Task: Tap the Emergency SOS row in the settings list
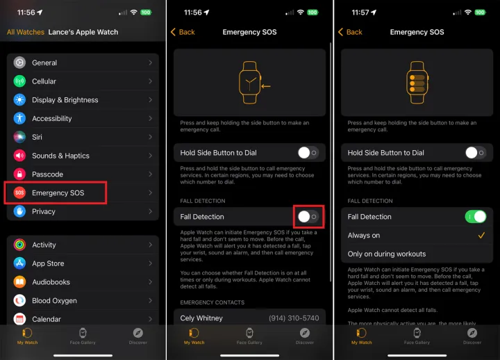(83, 193)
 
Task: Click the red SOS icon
(19, 193)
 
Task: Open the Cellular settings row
(83, 81)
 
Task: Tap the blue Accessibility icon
(19, 118)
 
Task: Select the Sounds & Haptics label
(60, 156)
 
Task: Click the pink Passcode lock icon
(19, 174)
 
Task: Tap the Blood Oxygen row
(83, 301)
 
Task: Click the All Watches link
(26, 32)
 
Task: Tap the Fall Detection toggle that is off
(308, 217)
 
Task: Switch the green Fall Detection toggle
(476, 217)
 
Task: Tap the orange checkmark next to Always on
(481, 236)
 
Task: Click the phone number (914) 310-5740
(294, 318)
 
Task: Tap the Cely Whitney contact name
(201, 318)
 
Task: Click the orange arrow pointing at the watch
(265, 86)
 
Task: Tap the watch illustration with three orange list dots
(417, 82)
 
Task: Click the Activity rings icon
(19, 245)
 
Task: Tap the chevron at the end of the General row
(150, 63)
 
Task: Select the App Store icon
(19, 263)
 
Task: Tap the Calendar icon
(19, 319)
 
